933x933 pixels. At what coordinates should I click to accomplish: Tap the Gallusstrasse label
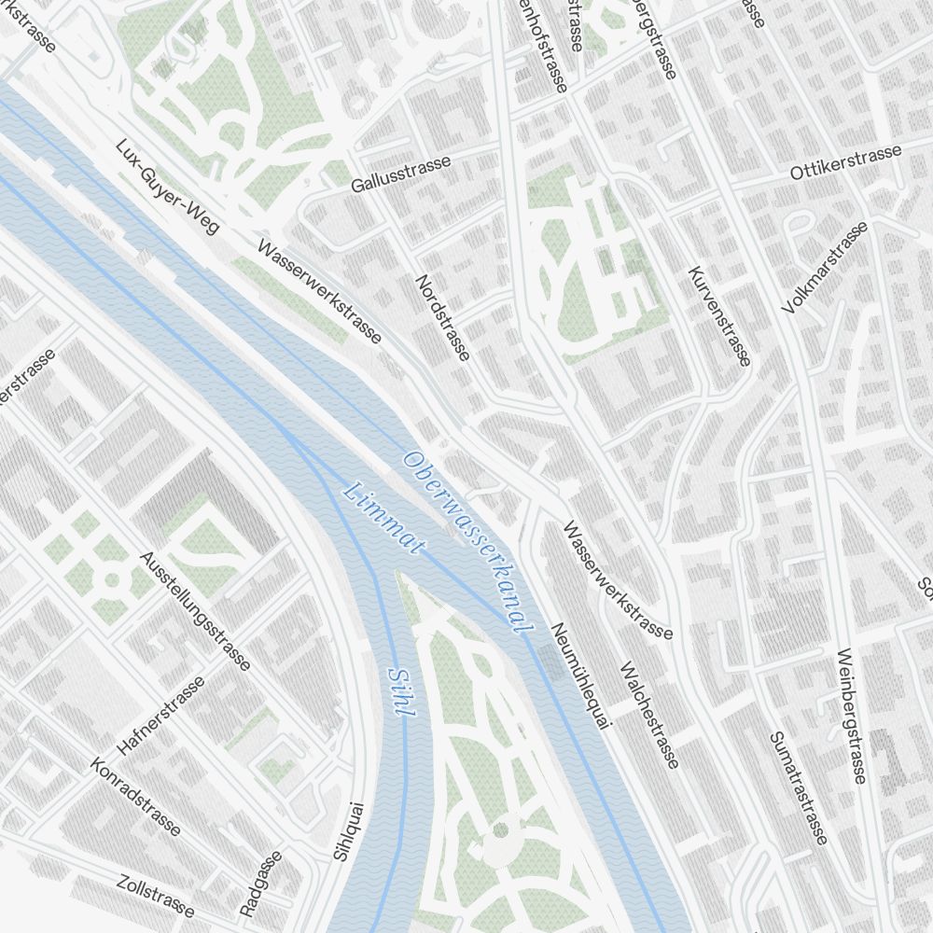(x=401, y=174)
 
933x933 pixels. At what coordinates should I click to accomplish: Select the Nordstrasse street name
(x=443, y=317)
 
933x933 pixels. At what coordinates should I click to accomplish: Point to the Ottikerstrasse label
(x=845, y=162)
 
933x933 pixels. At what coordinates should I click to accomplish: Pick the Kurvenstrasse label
(x=718, y=315)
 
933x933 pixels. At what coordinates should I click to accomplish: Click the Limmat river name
(x=384, y=519)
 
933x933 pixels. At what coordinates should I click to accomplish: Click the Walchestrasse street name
(x=648, y=715)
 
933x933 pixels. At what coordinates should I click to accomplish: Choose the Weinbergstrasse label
(x=852, y=715)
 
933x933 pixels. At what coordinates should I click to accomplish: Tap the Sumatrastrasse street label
(x=799, y=787)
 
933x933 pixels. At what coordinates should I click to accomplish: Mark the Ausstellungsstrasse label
(x=195, y=610)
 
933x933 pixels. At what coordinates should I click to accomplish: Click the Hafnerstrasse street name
(x=161, y=715)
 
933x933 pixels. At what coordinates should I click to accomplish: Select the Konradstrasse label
(x=136, y=795)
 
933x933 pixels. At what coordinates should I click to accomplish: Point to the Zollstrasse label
(x=157, y=896)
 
